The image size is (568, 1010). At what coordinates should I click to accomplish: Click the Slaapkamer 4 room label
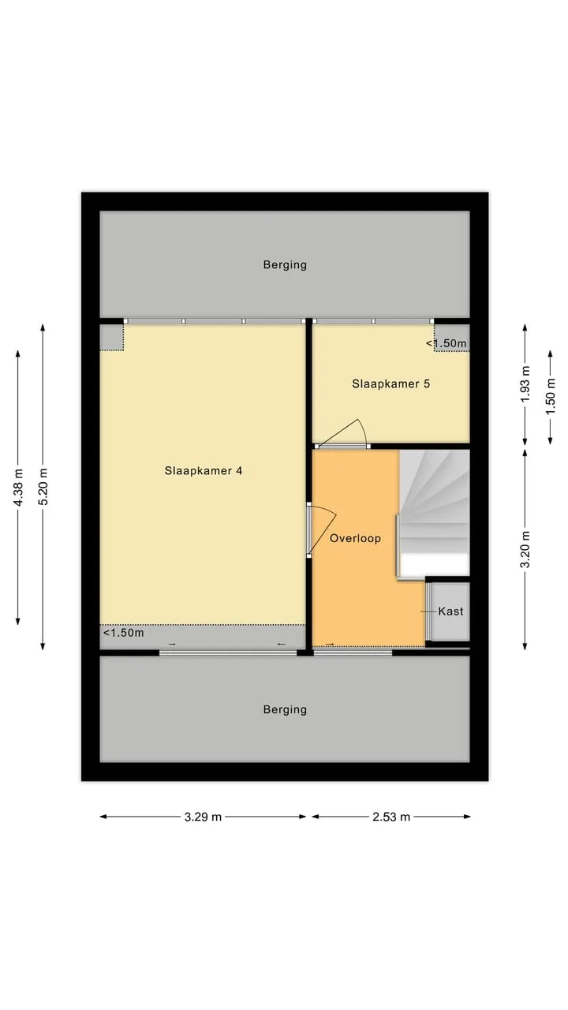(204, 471)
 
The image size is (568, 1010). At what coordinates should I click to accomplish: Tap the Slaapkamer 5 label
(390, 383)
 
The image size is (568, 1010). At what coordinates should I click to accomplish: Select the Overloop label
(355, 538)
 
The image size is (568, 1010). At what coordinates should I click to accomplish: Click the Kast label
(450, 611)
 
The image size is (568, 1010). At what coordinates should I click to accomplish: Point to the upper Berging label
(285, 264)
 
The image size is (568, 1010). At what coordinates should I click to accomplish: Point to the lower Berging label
(285, 709)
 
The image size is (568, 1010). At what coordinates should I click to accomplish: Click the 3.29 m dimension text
(203, 817)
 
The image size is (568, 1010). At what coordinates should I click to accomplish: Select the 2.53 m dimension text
(391, 817)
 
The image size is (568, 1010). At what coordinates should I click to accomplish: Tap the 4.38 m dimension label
(18, 488)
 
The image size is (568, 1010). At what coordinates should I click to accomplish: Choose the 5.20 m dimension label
(43, 487)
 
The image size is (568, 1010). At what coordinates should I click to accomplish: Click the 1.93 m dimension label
(525, 384)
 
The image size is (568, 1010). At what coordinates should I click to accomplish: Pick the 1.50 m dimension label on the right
(551, 397)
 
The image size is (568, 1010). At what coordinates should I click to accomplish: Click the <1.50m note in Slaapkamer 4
(124, 633)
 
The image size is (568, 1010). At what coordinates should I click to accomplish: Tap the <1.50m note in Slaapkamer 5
(447, 343)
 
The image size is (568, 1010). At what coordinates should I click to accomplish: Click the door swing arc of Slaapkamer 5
(363, 431)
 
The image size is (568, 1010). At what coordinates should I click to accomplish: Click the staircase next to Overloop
(434, 513)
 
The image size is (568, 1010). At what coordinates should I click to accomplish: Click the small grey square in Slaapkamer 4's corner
(111, 338)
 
